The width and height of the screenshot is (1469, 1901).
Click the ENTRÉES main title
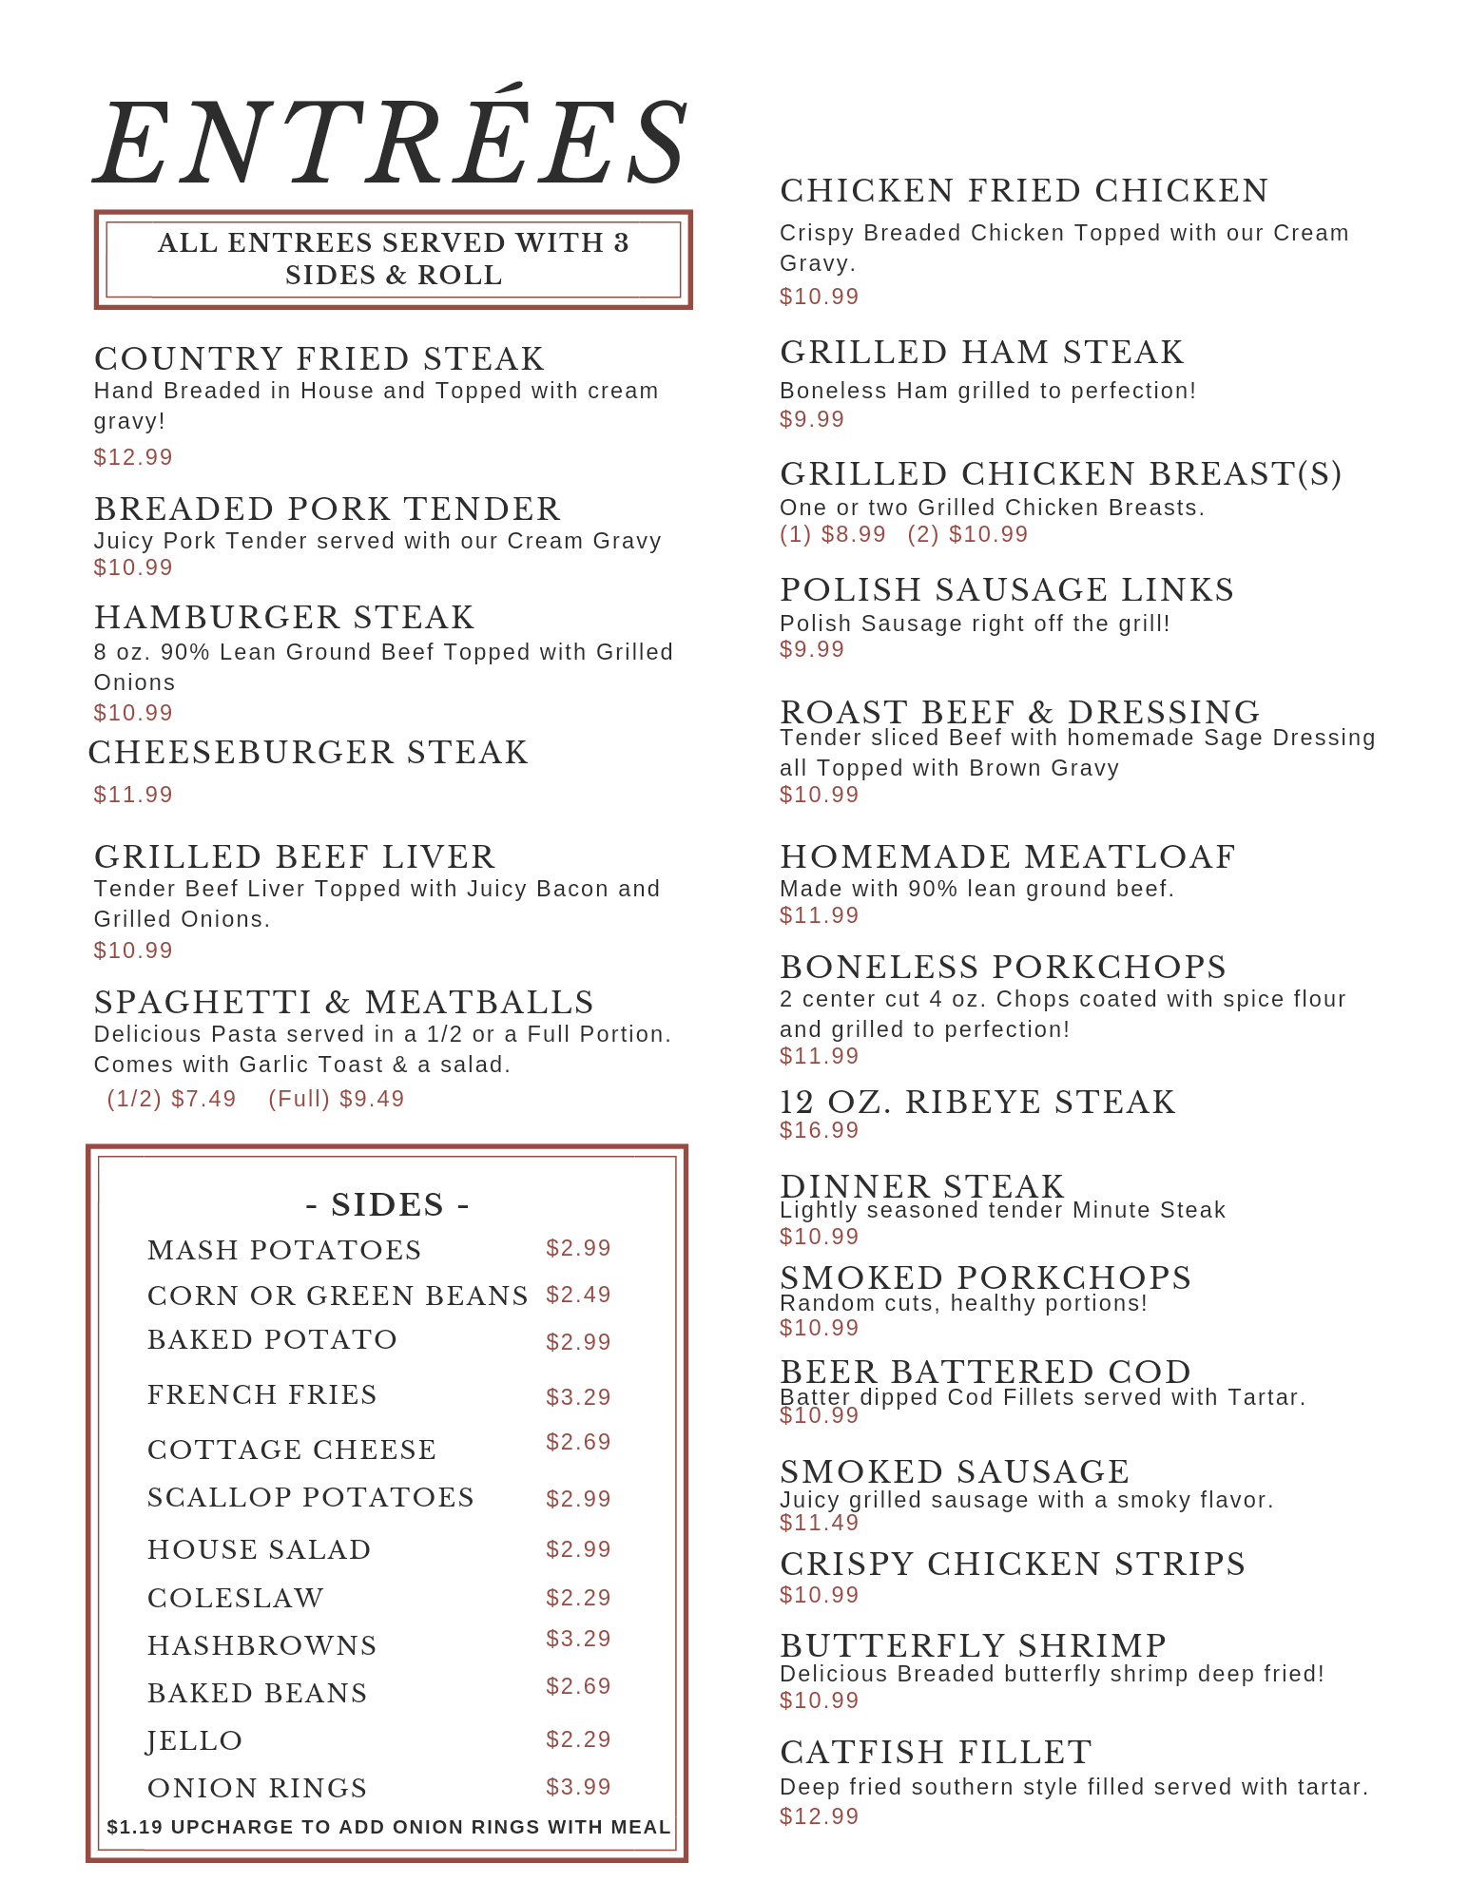pyautogui.click(x=392, y=143)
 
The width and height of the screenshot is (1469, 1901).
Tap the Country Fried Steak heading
pyautogui.click(x=319, y=359)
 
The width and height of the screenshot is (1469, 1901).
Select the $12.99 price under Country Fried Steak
pyautogui.click(x=133, y=457)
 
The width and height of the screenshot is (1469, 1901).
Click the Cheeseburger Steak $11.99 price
pyautogui.click(x=133, y=795)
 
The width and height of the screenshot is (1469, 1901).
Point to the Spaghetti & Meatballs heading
pyautogui.click(x=344, y=1003)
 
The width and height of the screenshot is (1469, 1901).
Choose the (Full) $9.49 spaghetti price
pyautogui.click(x=337, y=1099)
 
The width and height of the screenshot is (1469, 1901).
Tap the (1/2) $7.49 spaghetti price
pyautogui.click(x=172, y=1099)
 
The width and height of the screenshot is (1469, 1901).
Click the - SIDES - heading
pyautogui.click(x=387, y=1204)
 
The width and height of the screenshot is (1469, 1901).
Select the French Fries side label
pyautogui.click(x=262, y=1394)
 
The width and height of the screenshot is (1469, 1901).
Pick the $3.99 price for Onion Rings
pyautogui.click(x=578, y=1787)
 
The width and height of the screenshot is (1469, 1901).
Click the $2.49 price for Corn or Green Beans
pyautogui.click(x=578, y=1295)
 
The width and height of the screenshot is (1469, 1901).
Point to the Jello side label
pyautogui.click(x=195, y=1740)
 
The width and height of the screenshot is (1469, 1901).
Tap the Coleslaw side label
pyautogui.click(x=236, y=1598)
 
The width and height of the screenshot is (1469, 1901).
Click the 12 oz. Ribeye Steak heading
pyautogui.click(x=977, y=1103)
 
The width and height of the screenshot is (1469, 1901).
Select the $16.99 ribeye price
pyautogui.click(x=819, y=1130)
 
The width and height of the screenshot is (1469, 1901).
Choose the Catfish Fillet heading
pyautogui.click(x=936, y=1752)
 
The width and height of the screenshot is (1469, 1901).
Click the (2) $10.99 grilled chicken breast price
pyautogui.click(x=968, y=534)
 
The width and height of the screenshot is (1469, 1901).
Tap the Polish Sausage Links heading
pyautogui.click(x=1007, y=590)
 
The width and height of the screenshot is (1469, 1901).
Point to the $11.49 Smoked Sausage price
pyautogui.click(x=819, y=1523)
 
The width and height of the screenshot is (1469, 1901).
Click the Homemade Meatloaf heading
pyautogui.click(x=1008, y=857)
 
